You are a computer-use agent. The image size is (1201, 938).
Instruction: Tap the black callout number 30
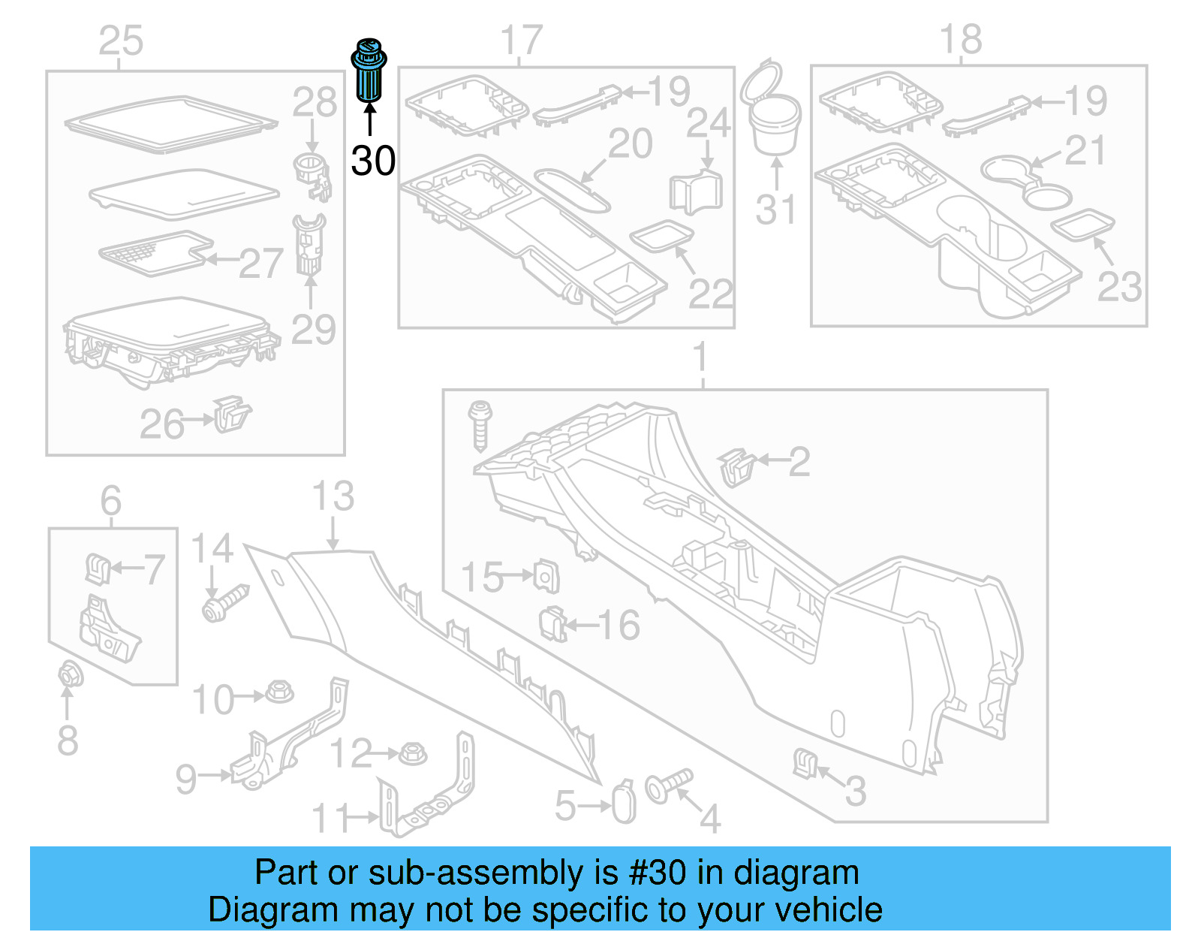(373, 161)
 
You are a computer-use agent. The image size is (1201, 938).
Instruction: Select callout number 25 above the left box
(121, 41)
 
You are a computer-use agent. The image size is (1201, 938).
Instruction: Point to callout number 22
(709, 294)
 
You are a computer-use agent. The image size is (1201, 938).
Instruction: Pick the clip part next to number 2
(736, 467)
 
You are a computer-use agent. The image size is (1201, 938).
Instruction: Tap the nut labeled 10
(280, 692)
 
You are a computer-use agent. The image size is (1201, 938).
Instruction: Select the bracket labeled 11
(428, 796)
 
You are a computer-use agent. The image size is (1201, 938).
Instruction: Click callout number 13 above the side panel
(333, 497)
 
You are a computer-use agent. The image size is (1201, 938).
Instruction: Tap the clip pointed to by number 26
(232, 415)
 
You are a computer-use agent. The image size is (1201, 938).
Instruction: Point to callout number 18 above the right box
(961, 39)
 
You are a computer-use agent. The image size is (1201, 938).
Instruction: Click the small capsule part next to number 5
(624, 804)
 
